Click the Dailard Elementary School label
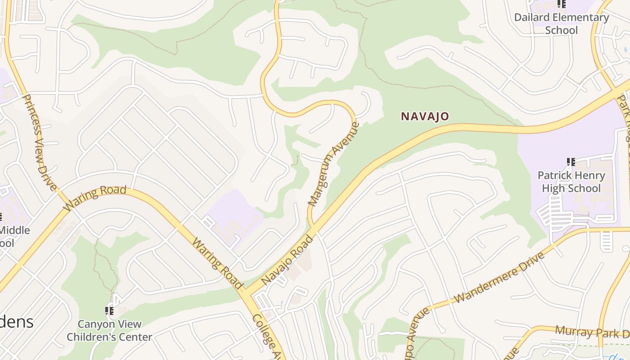(561, 24)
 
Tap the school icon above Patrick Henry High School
(571, 162)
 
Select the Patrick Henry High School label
(571, 182)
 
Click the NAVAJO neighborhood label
(425, 117)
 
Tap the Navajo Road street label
(287, 260)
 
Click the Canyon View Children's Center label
(109, 330)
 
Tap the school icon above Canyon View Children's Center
(109, 311)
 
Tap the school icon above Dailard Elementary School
(561, 4)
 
